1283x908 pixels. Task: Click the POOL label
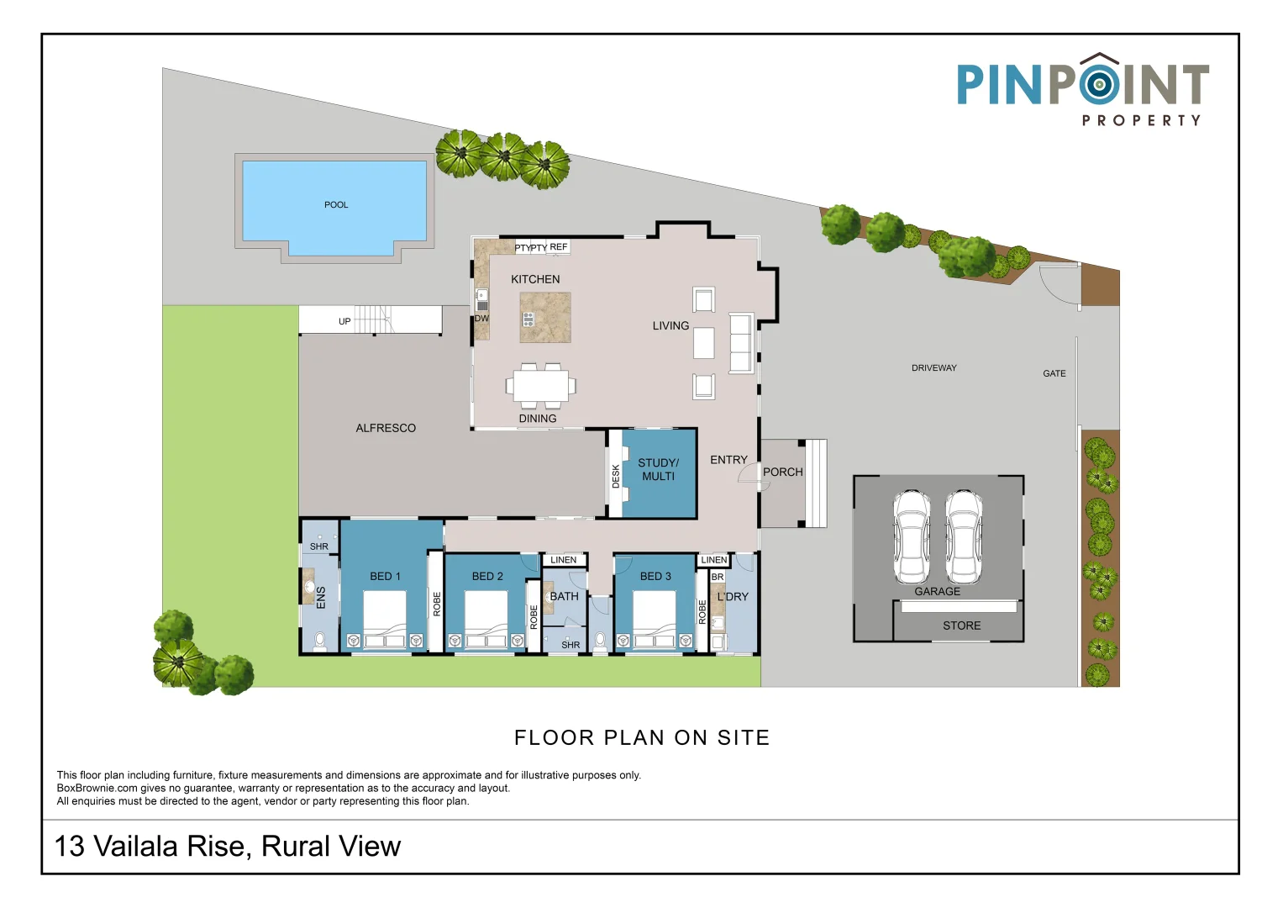(336, 205)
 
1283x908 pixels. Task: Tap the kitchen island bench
(545, 317)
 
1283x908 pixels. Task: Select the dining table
(540, 386)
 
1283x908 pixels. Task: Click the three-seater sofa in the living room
(741, 343)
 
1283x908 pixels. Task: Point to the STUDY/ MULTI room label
(658, 469)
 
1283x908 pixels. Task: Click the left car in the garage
(912, 537)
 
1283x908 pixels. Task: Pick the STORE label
(961, 626)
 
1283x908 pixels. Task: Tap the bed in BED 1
(385, 619)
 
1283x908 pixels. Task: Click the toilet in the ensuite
(319, 641)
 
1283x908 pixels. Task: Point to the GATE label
(1054, 373)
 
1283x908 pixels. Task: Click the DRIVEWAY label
(933, 368)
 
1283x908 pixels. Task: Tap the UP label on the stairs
(344, 321)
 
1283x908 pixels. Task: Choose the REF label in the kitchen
(558, 246)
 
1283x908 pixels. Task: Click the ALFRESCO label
(386, 428)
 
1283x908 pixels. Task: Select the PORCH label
(782, 472)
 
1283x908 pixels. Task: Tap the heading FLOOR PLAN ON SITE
(642, 737)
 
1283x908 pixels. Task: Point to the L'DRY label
(732, 597)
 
